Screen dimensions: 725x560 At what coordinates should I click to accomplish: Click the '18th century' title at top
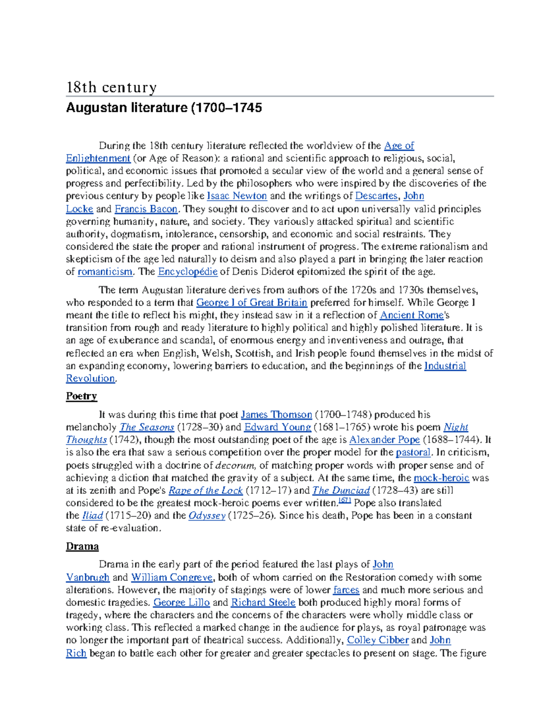tap(111, 87)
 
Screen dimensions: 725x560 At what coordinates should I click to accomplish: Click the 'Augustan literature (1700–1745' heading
tap(164, 108)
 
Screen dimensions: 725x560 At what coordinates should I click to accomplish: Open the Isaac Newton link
tap(237, 196)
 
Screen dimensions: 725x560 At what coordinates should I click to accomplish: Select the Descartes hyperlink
tap(376, 196)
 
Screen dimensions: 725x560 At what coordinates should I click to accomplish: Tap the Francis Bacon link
tap(146, 209)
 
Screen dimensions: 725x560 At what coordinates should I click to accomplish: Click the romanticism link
tap(105, 272)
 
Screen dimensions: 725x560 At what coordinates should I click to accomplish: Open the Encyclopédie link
tap(188, 272)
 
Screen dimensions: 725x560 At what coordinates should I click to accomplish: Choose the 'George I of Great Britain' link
tap(252, 303)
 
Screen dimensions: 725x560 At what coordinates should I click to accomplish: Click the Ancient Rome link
tap(412, 315)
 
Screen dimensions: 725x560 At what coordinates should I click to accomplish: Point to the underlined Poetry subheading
tap(81, 396)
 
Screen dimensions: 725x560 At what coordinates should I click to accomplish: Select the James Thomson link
tap(276, 415)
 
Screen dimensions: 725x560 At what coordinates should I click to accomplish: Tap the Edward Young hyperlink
tap(278, 427)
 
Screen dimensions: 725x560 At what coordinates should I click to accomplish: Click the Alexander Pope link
tap(385, 440)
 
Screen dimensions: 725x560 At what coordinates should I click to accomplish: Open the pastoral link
tap(413, 452)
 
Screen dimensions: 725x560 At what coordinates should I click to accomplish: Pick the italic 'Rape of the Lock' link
tap(205, 491)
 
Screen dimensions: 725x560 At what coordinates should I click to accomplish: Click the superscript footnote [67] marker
tap(344, 500)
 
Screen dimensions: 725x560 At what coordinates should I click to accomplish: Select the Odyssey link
tap(207, 516)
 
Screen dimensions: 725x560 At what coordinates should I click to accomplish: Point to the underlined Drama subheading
tap(82, 547)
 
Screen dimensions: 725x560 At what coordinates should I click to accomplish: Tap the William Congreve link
tap(172, 577)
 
